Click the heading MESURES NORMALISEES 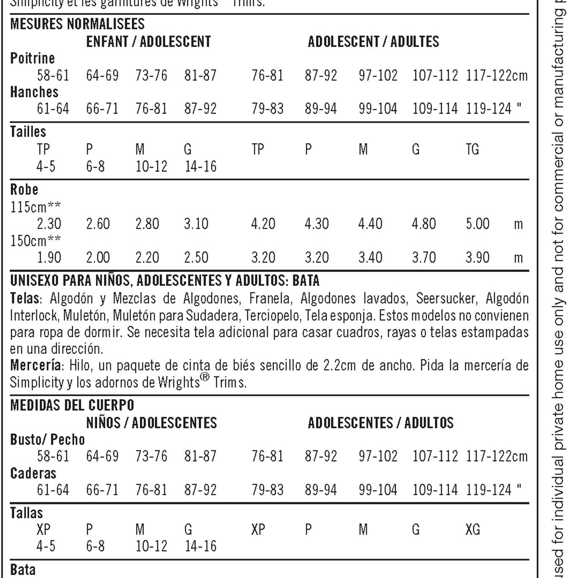point(77,24)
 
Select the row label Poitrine point(33,58)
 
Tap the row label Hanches point(34,92)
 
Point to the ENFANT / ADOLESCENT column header point(148,41)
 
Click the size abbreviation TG point(472,149)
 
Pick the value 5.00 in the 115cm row point(477,224)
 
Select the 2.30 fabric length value point(49,224)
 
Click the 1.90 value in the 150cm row point(49,257)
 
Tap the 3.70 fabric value point(424,257)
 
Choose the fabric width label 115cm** point(35,207)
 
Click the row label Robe point(24,189)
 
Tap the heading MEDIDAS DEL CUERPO point(72,405)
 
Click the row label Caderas point(33,473)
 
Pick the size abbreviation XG point(472,529)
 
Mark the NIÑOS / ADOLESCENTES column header point(151,423)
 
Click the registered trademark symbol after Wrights point(204,377)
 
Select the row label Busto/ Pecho point(47,439)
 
